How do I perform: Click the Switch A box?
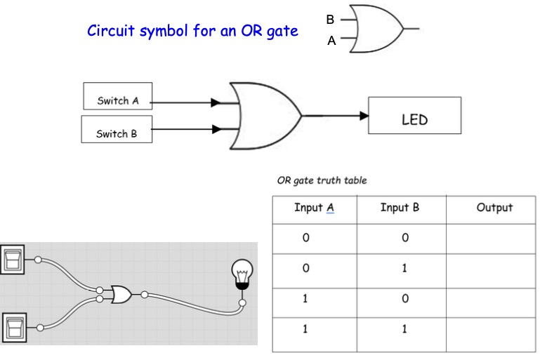pyautogui.click(x=117, y=100)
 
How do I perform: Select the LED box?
pyautogui.click(x=414, y=116)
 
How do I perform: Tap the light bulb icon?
pyautogui.click(x=242, y=274)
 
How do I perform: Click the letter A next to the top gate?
pyautogui.click(x=331, y=41)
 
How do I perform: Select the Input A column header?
pyautogui.click(x=314, y=208)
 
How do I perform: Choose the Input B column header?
pyautogui.click(x=400, y=208)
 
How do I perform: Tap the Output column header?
pyautogui.click(x=494, y=208)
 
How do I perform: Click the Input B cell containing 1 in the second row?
pyautogui.click(x=404, y=269)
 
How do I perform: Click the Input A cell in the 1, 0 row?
pyautogui.click(x=305, y=299)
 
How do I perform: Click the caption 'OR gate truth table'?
pyautogui.click(x=322, y=180)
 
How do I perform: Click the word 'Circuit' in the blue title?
pyautogui.click(x=110, y=32)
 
